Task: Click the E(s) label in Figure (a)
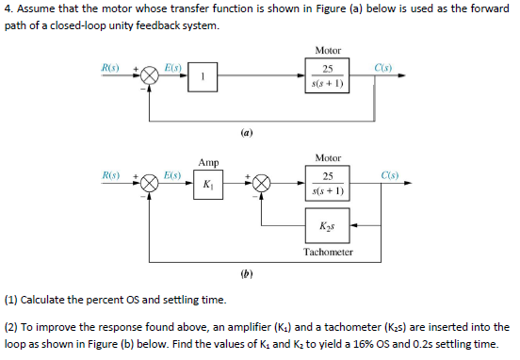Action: coord(173,68)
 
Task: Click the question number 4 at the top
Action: coord(7,9)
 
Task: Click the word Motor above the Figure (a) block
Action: coord(328,50)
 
